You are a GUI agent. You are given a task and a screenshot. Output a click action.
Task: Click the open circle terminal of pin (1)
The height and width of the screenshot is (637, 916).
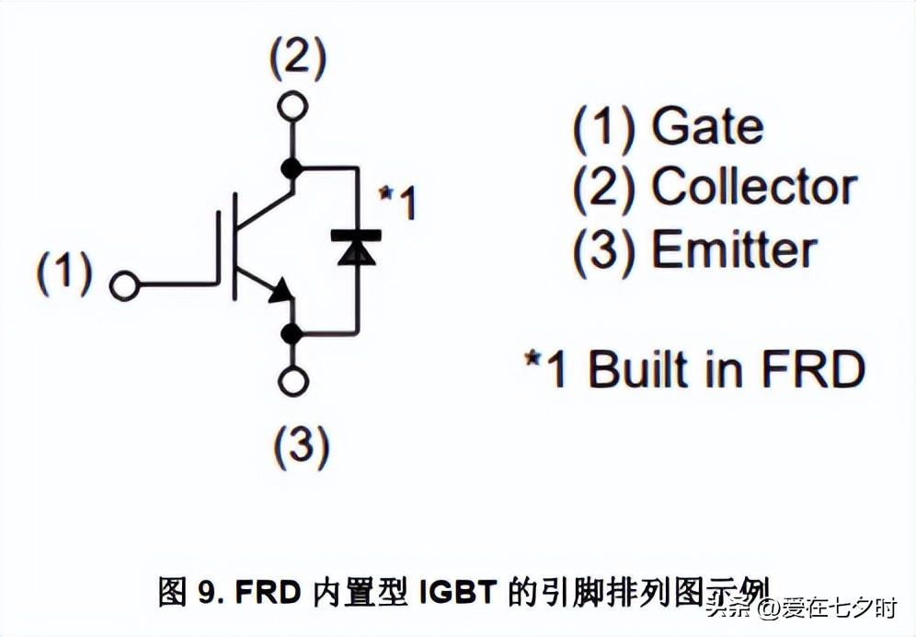[123, 285]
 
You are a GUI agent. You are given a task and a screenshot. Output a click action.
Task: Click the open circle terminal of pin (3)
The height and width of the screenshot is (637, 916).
[292, 381]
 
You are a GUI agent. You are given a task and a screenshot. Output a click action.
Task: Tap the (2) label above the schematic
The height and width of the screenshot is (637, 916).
[296, 59]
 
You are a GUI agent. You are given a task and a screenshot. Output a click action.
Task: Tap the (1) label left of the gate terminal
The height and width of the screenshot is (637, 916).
[64, 273]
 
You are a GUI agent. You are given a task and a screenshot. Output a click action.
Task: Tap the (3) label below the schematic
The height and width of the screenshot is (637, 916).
[301, 446]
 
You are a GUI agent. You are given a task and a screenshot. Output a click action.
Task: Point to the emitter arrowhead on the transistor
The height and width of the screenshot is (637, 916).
[281, 292]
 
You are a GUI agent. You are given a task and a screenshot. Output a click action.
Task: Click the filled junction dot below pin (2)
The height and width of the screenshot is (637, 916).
[292, 168]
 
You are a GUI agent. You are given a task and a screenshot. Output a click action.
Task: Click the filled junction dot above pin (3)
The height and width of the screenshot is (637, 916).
[292, 332]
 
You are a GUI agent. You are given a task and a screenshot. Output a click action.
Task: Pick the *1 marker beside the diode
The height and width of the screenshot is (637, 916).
[397, 203]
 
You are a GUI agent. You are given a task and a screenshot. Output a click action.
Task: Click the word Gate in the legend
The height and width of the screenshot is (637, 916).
[707, 127]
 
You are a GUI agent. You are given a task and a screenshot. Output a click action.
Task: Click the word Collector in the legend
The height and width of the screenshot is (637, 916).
[754, 188]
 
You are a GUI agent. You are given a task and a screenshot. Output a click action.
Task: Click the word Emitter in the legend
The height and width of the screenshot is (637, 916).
[734, 250]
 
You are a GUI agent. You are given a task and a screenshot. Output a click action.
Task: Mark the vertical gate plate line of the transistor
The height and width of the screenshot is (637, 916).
[221, 249]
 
